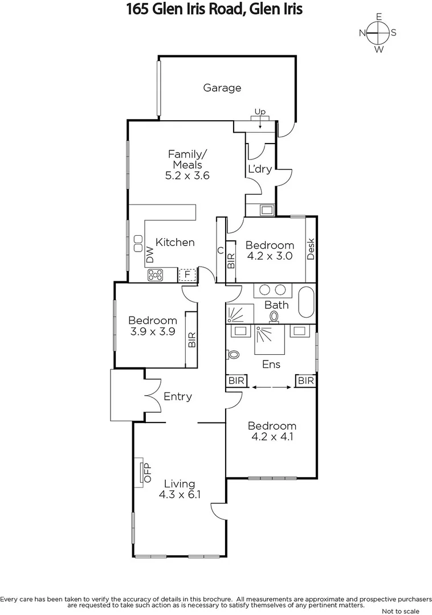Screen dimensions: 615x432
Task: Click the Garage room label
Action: [222, 88]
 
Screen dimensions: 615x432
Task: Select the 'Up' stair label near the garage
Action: [260, 112]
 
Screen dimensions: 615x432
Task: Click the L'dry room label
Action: [258, 169]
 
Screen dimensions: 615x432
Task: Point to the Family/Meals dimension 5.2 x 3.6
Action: [188, 175]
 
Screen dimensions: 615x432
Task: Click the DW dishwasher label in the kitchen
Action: [150, 255]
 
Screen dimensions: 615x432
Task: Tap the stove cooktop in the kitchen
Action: [156, 275]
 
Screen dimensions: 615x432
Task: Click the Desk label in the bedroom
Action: [311, 249]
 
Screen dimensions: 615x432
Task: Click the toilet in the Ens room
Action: [233, 354]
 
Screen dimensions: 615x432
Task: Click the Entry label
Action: [177, 396]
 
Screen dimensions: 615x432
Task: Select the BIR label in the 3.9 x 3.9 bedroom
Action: [192, 340]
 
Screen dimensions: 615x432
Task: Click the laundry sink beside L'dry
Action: [267, 210]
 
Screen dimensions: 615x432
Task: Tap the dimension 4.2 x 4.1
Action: [271, 437]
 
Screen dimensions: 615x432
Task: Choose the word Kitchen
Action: [176, 242]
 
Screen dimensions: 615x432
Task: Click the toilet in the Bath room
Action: [275, 317]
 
